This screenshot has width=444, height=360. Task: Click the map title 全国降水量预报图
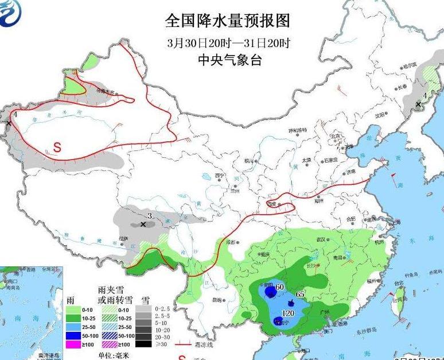[x=227, y=21]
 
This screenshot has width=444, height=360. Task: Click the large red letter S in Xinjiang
[x=57, y=146]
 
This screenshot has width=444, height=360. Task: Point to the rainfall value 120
[x=289, y=313]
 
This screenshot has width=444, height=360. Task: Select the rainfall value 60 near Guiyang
[x=280, y=287]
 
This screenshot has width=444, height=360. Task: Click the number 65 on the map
[x=300, y=295]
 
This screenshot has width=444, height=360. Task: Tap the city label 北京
[x=335, y=136]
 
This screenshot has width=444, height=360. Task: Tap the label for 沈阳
[x=380, y=115]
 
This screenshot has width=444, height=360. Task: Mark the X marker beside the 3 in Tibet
[x=143, y=224]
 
